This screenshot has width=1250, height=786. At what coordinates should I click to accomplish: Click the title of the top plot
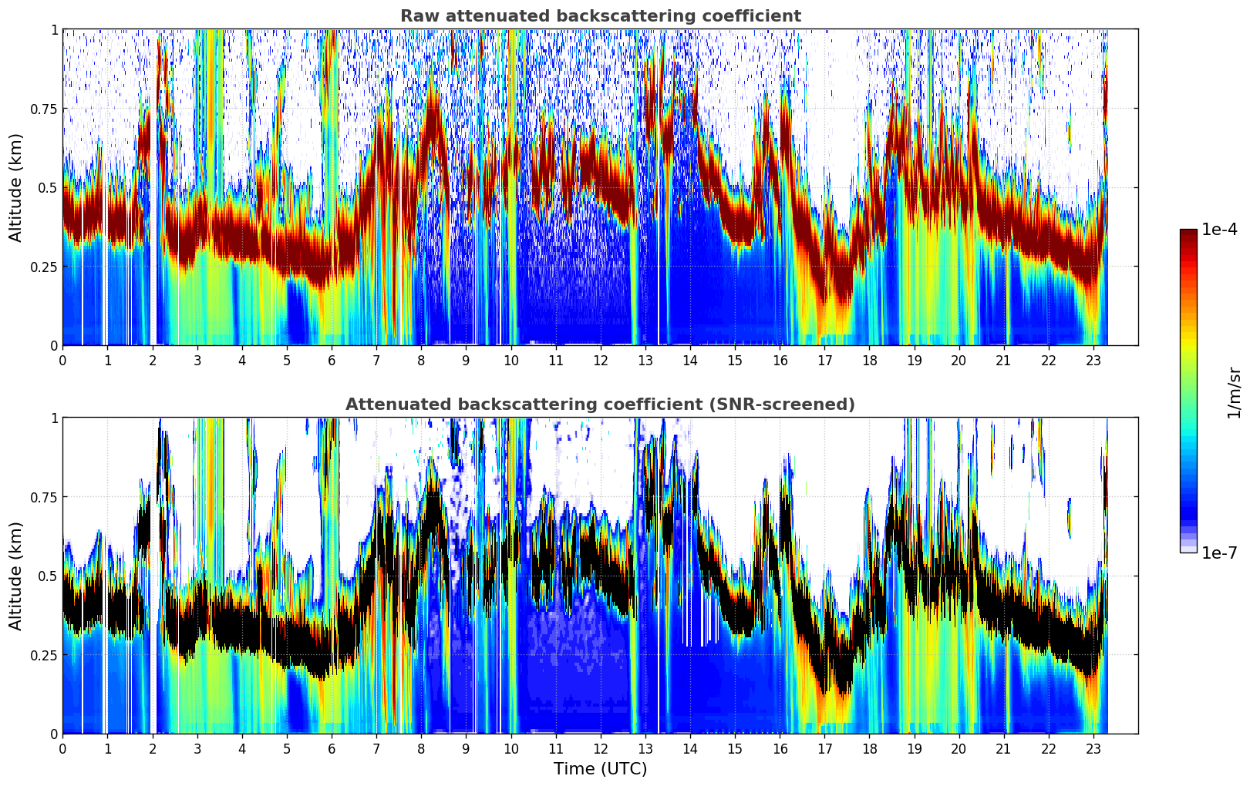click(x=600, y=16)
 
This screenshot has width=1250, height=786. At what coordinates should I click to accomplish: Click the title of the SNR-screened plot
click(x=600, y=405)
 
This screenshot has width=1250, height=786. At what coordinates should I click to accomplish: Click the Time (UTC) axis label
click(x=600, y=769)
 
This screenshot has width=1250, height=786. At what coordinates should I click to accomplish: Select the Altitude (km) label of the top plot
click(x=16, y=187)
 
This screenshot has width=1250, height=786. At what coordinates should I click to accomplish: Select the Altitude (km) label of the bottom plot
click(x=16, y=576)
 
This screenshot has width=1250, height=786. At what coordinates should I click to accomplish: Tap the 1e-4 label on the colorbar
click(x=1220, y=230)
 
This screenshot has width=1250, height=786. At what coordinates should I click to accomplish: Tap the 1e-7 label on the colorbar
click(x=1220, y=553)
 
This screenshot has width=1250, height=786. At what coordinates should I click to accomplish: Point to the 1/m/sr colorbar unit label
click(x=1234, y=393)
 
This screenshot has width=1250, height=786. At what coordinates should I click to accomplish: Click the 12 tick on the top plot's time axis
click(x=600, y=360)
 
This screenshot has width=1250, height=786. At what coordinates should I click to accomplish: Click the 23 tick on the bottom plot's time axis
click(x=1093, y=748)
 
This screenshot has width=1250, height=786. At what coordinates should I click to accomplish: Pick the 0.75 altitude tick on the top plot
click(x=45, y=109)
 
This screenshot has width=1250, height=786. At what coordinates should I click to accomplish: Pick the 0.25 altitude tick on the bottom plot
click(x=45, y=655)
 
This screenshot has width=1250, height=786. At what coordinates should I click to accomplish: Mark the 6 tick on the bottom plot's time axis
click(x=332, y=748)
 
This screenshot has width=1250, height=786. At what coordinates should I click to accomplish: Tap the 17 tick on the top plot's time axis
click(x=824, y=360)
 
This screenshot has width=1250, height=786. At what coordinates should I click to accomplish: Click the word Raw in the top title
click(x=417, y=16)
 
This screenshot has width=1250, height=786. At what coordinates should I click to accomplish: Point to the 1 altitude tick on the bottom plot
click(x=54, y=418)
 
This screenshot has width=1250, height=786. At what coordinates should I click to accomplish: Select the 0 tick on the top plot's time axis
click(x=62, y=360)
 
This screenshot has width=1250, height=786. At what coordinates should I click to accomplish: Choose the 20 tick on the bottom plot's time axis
click(x=959, y=748)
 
